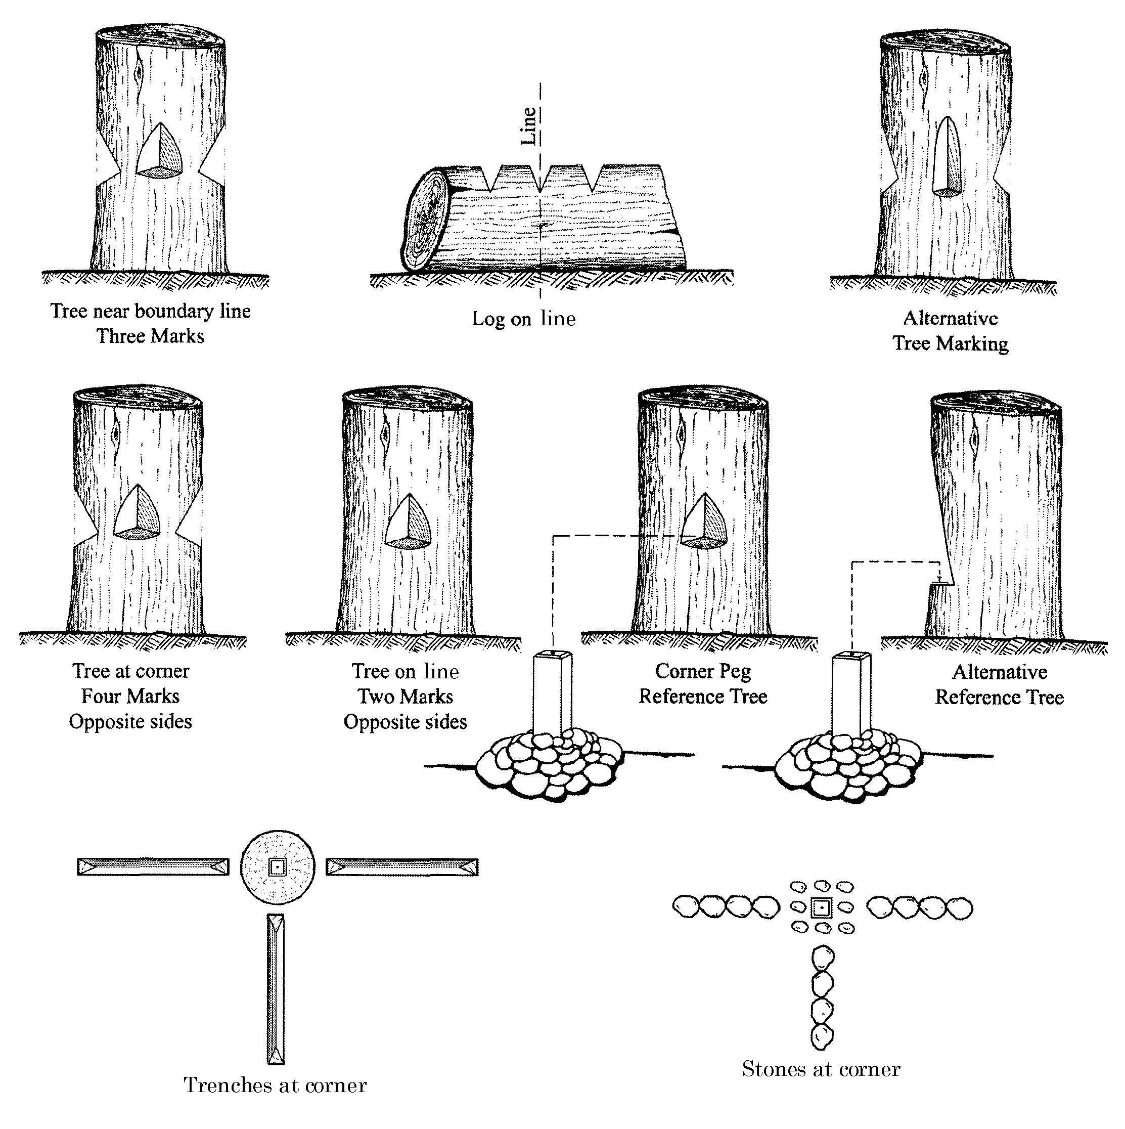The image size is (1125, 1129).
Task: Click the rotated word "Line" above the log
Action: (528, 125)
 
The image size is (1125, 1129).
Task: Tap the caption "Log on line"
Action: (523, 319)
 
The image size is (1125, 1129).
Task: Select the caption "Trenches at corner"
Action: (275, 1085)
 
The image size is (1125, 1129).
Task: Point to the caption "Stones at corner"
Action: (821, 1069)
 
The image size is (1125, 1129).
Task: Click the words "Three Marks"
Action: (150, 336)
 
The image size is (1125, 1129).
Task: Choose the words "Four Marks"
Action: (130, 696)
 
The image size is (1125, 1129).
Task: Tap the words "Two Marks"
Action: (406, 697)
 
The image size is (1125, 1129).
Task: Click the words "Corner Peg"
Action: (703, 671)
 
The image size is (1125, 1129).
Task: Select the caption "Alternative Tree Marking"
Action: (951, 331)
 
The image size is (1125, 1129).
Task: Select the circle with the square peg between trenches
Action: (278, 866)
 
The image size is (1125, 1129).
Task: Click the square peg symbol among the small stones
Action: (821, 907)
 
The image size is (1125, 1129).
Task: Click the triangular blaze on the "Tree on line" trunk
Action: (410, 524)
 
